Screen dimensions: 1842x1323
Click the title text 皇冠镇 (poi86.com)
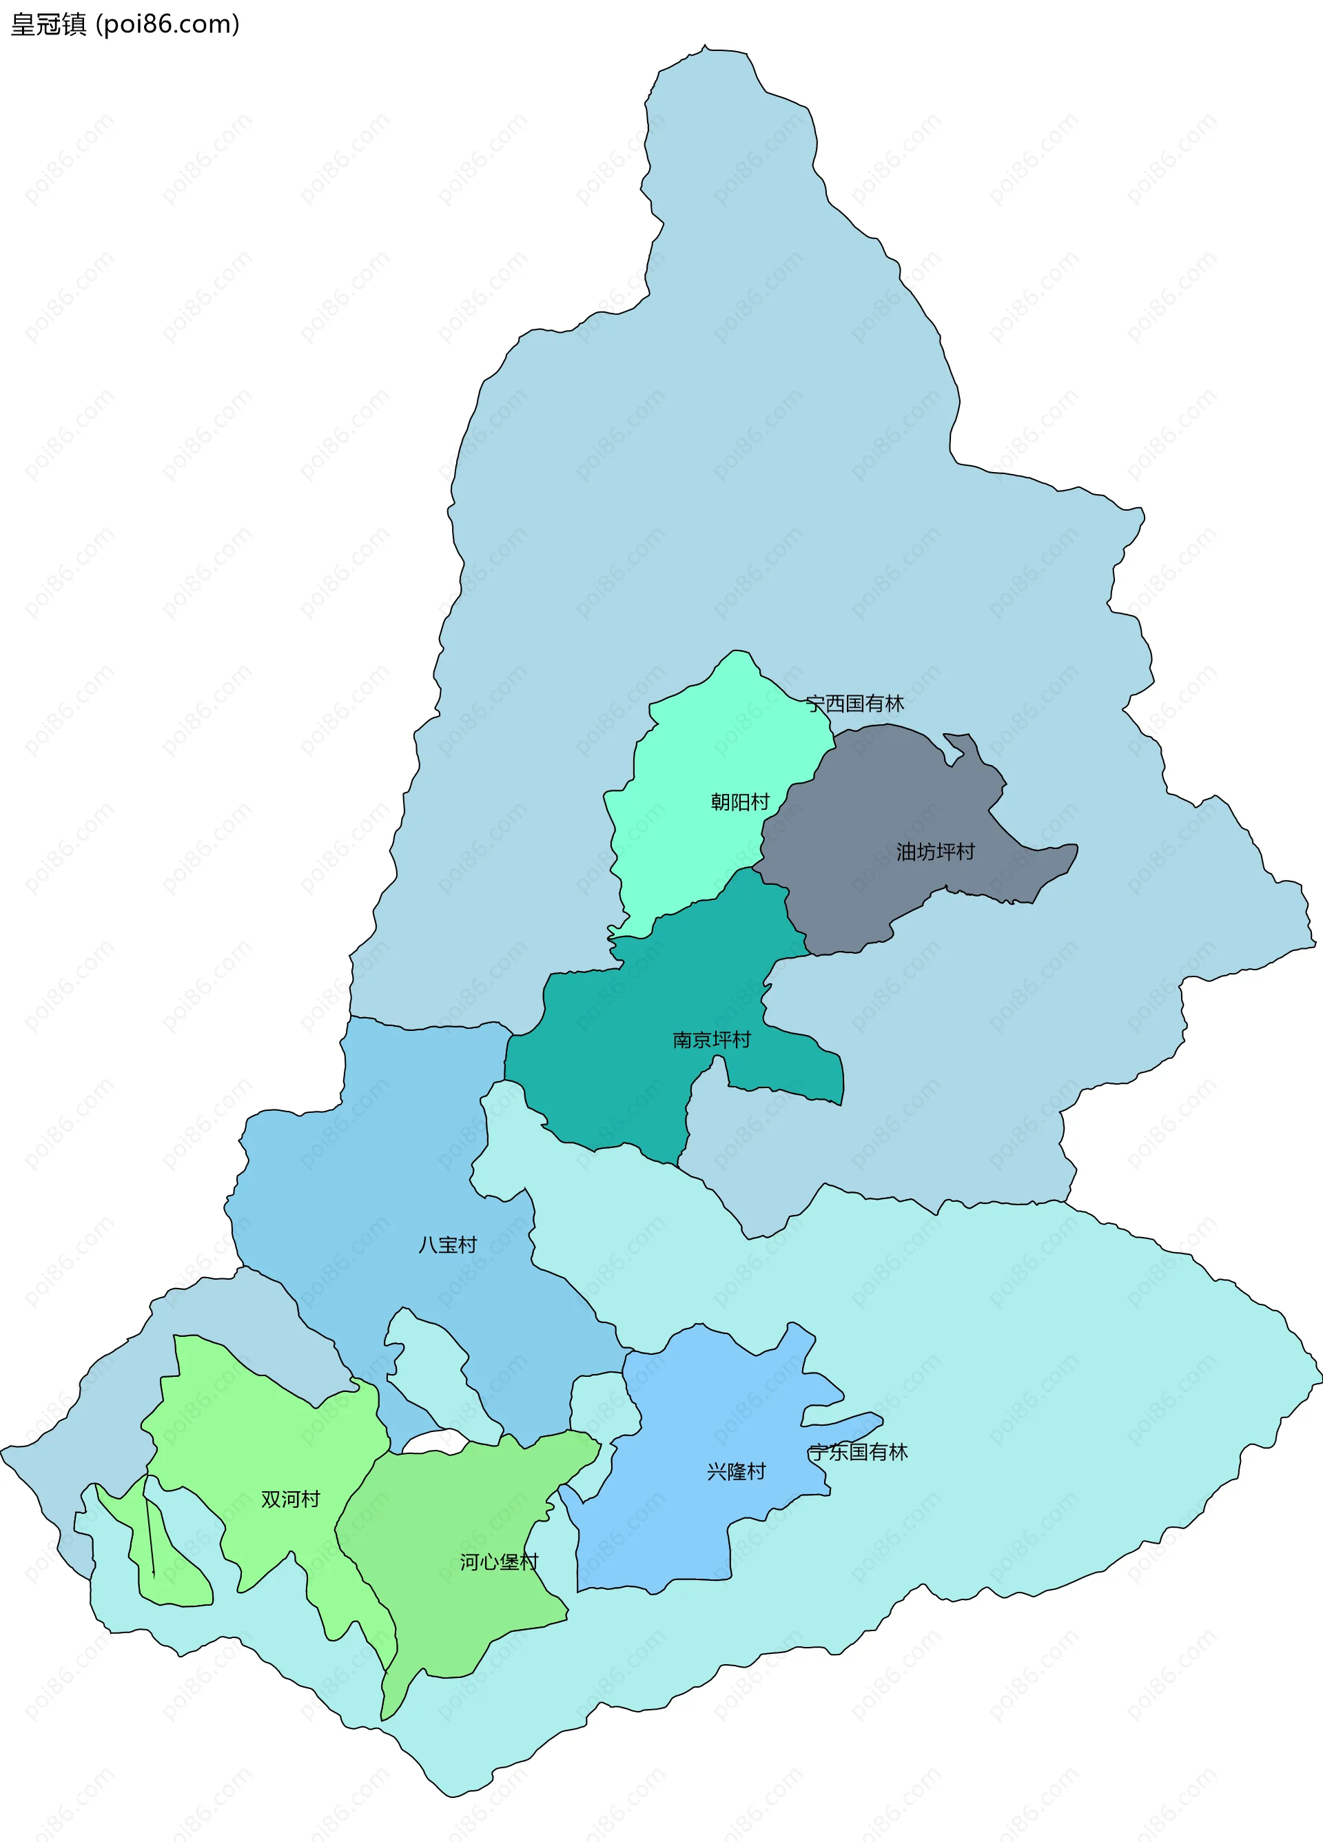[124, 24]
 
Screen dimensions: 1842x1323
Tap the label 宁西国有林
[854, 704]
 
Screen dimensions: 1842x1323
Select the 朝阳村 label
[740, 802]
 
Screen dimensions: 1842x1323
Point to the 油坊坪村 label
[935, 851]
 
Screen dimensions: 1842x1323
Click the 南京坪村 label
[711, 1040]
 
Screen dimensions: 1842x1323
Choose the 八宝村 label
[447, 1245]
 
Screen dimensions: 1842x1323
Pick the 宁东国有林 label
[858, 1451]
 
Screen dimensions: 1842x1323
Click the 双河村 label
[290, 1498]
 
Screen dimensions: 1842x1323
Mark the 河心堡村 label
[499, 1561]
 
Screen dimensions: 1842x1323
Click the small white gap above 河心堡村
[435, 1443]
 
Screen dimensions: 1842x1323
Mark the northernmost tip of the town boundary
[705, 47]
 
